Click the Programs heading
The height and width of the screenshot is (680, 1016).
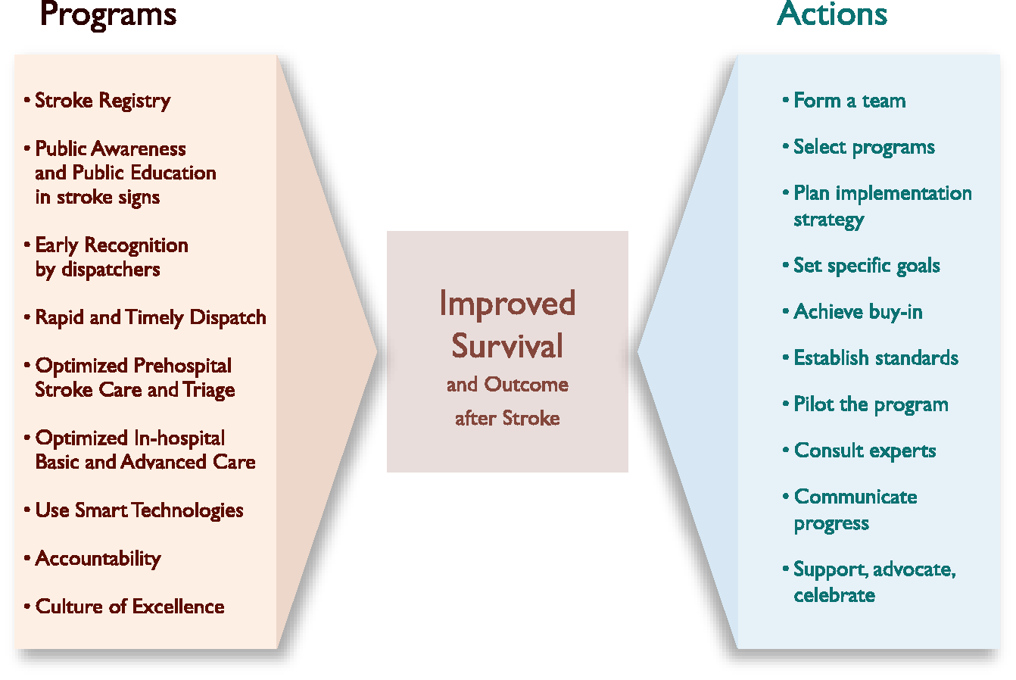point(108,15)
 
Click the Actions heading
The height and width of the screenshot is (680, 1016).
point(832,14)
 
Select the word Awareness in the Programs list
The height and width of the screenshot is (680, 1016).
point(139,148)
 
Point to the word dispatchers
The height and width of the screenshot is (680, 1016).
point(111,270)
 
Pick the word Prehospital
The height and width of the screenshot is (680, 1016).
point(182,366)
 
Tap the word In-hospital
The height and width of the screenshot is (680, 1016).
point(179,438)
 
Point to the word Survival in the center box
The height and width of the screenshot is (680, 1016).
point(507,345)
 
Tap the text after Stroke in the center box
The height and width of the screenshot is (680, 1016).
point(507,418)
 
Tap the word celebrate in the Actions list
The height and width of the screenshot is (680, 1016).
point(834,595)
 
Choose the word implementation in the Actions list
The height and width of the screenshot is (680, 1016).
point(904,194)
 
